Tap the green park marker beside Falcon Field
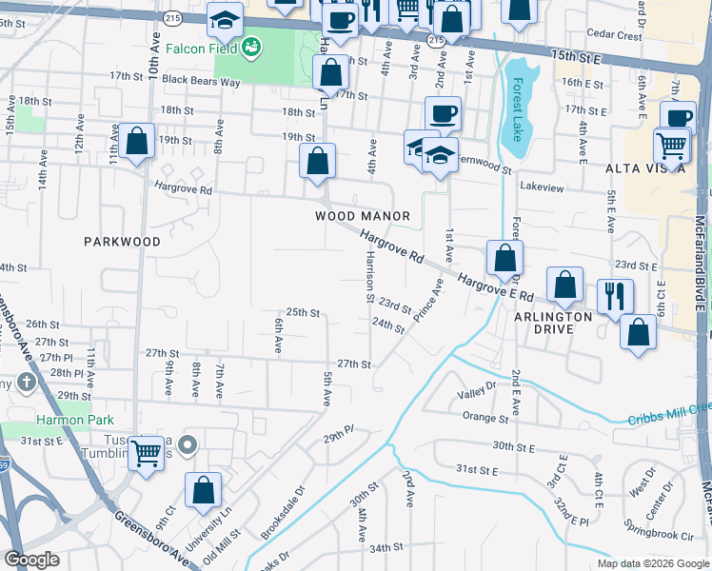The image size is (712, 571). (x=252, y=47)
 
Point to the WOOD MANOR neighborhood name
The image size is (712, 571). (x=363, y=216)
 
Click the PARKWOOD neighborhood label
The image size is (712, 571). (x=122, y=242)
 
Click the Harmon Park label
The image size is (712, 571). (x=75, y=420)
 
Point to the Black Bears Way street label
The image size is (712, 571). (x=201, y=81)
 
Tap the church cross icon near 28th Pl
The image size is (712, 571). (x=27, y=384)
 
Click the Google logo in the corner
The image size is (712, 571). (x=31, y=560)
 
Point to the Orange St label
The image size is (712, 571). (x=485, y=418)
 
